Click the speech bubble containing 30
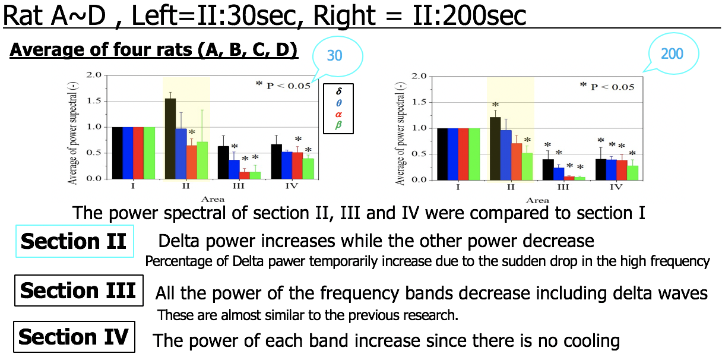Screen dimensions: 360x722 click(335, 56)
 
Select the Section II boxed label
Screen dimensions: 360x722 click(74, 241)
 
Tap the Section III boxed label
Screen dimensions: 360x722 click(78, 290)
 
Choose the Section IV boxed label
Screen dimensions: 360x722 click(74, 337)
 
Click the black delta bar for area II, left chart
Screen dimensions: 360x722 click(170, 138)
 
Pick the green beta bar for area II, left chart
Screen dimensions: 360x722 click(202, 160)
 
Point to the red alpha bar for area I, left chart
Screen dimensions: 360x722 click(138, 153)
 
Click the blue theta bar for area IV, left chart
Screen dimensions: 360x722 click(287, 165)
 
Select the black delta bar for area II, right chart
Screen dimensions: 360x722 click(495, 148)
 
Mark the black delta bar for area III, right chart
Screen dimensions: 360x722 click(547, 169)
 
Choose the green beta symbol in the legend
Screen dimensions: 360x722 click(338, 125)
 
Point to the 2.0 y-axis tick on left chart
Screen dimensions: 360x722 click(94, 75)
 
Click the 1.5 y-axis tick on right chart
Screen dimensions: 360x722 click(419, 102)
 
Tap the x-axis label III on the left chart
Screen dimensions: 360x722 click(238, 187)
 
